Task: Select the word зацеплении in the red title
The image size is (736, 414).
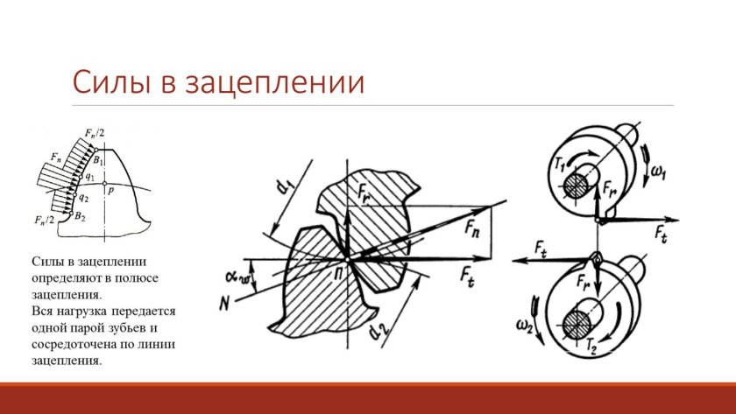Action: point(275,83)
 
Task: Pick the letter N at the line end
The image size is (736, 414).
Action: point(224,305)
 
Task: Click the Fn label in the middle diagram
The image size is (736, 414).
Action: point(471,228)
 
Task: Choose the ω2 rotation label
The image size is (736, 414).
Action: point(524,325)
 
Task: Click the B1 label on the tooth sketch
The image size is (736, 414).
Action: point(97,160)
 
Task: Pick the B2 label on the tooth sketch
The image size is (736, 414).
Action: point(81,216)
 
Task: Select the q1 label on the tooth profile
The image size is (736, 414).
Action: point(89,178)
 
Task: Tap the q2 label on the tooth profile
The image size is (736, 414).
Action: point(83,198)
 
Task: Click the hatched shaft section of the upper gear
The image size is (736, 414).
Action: point(576,186)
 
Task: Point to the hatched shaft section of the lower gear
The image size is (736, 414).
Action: point(576,324)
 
